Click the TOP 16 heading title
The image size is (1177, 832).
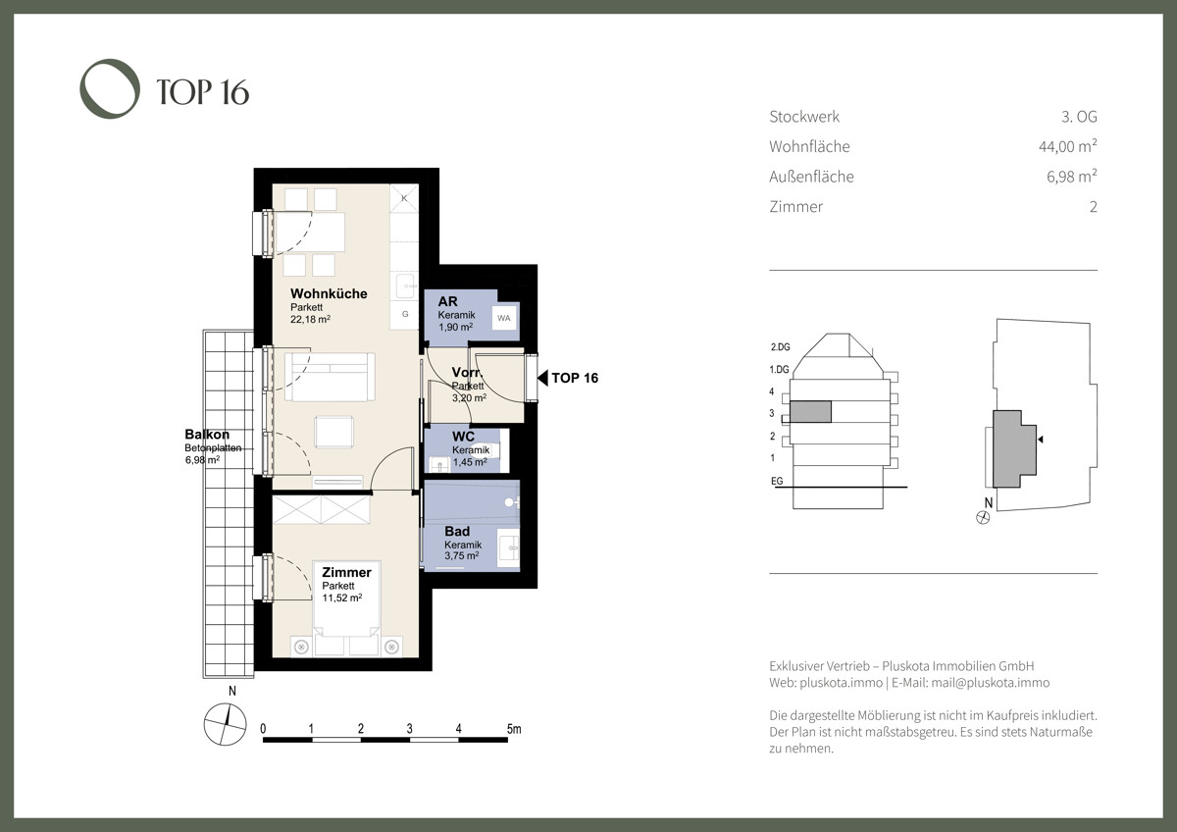click(203, 92)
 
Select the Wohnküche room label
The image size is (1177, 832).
click(329, 293)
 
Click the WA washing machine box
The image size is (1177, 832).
click(504, 318)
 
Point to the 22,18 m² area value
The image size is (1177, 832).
click(310, 319)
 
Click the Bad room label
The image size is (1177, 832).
click(457, 532)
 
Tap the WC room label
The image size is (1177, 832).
click(463, 437)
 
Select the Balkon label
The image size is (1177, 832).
click(207, 434)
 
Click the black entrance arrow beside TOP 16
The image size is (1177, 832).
click(542, 378)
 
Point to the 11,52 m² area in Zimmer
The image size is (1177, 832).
click(342, 598)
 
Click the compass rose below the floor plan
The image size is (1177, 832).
click(225, 724)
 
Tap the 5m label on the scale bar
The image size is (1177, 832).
click(514, 729)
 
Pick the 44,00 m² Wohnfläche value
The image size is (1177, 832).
click(1068, 146)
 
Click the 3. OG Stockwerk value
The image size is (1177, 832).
click(1079, 116)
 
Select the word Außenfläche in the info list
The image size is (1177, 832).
click(811, 177)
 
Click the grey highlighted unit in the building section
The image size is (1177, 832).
click(811, 411)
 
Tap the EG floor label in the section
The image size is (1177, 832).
click(777, 481)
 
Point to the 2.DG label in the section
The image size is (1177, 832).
click(781, 347)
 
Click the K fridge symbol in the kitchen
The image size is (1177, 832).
click(404, 198)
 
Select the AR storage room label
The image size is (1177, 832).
click(447, 301)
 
